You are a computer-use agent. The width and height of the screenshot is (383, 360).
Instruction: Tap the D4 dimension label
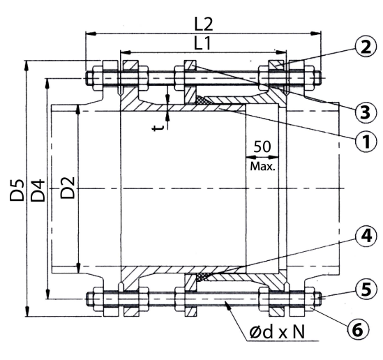point(38,190)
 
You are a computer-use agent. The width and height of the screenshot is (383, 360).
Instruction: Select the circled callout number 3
point(361,110)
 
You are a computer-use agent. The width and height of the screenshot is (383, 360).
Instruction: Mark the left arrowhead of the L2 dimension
point(88,31)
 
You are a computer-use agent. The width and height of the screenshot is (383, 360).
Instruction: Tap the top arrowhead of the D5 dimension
point(27,63)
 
